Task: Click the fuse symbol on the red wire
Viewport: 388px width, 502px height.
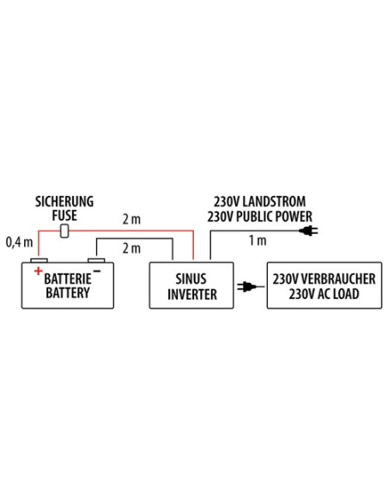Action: coord(64,231)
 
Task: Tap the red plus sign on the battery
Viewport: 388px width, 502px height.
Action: coord(39,271)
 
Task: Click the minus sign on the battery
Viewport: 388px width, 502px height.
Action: coord(97,272)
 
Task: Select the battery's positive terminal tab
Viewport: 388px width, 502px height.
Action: coord(39,260)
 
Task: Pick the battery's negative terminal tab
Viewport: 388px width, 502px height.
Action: coord(96,260)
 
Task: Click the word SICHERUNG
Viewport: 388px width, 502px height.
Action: coord(64,202)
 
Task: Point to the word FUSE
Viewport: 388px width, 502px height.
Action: coord(64,215)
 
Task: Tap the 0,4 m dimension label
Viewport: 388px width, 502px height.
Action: coord(19,242)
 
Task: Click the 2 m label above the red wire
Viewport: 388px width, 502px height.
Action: coord(131,219)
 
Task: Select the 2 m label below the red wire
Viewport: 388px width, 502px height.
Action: coord(131,248)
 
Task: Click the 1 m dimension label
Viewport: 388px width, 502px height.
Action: coord(258,240)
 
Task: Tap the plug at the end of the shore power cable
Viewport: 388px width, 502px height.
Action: coord(308,230)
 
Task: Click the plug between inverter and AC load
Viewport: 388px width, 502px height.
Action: coord(246,286)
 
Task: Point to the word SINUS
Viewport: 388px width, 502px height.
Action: coord(191,279)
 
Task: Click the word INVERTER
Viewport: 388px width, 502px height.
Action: coord(192,294)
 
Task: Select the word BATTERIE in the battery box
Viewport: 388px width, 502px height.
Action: coord(68,279)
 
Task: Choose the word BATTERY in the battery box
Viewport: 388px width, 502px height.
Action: coord(68,292)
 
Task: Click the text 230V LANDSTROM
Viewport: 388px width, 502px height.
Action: coord(259,202)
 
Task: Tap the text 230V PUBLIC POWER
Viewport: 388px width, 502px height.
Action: coord(259,217)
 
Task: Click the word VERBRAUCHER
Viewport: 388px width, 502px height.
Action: coord(338,279)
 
